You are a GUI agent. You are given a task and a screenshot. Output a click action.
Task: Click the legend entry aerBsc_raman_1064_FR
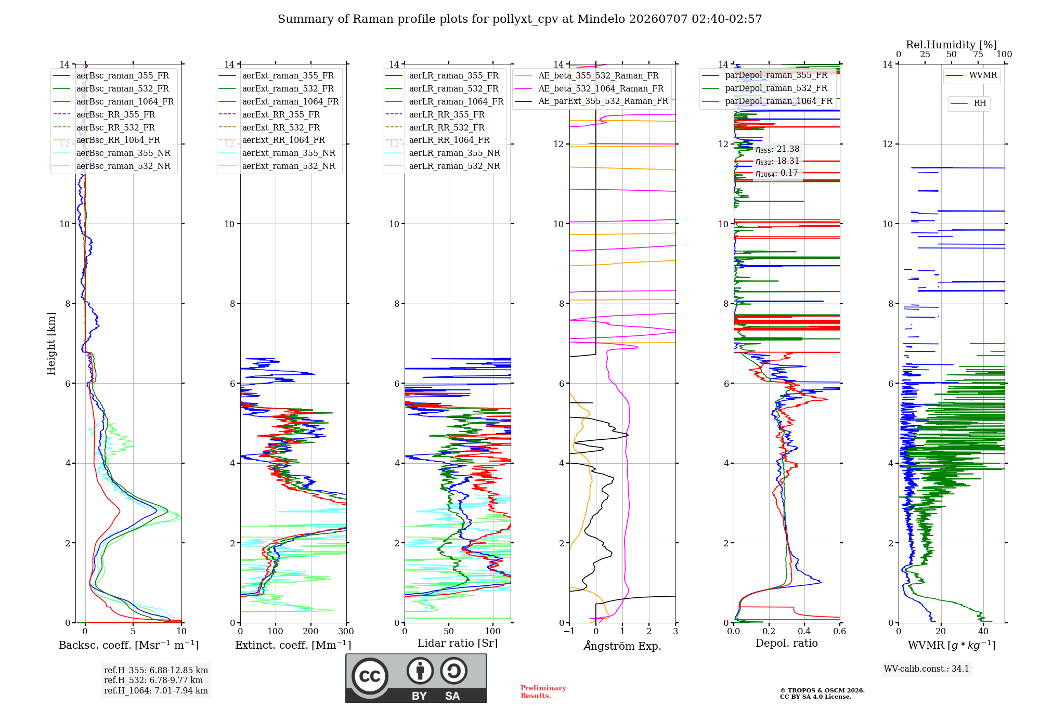click(113, 101)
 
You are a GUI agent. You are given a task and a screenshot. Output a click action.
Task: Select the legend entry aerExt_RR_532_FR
click(269, 127)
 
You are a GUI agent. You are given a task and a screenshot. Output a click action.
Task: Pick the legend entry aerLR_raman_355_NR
click(443, 153)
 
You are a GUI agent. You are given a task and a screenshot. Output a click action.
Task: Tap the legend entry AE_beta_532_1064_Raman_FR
click(589, 88)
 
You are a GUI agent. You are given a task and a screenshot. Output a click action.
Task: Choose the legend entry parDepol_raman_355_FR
click(764, 75)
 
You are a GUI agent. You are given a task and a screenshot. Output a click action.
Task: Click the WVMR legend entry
click(971, 75)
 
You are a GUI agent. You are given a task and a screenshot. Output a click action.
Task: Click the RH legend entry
click(968, 103)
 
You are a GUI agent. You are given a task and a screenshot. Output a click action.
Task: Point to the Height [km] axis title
click(51, 344)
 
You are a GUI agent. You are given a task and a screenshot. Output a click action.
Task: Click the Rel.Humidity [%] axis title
click(952, 45)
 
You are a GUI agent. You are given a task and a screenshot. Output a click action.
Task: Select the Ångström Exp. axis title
click(622, 646)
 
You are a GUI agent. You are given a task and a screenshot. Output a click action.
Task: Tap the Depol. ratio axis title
click(787, 643)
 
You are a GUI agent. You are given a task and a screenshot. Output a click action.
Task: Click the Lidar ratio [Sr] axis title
click(458, 643)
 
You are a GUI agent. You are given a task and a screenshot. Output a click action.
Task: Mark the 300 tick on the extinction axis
click(346, 631)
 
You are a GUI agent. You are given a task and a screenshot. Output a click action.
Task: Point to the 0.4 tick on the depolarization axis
click(804, 631)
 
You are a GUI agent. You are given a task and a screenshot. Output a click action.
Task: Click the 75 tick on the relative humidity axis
click(978, 55)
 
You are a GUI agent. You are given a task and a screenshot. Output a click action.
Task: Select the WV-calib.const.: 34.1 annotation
click(927, 669)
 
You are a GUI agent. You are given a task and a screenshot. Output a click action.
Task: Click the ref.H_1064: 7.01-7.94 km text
click(156, 690)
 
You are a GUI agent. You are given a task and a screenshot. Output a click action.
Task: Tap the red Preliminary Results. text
click(543, 692)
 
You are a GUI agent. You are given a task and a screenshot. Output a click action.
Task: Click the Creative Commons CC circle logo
click(370, 676)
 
